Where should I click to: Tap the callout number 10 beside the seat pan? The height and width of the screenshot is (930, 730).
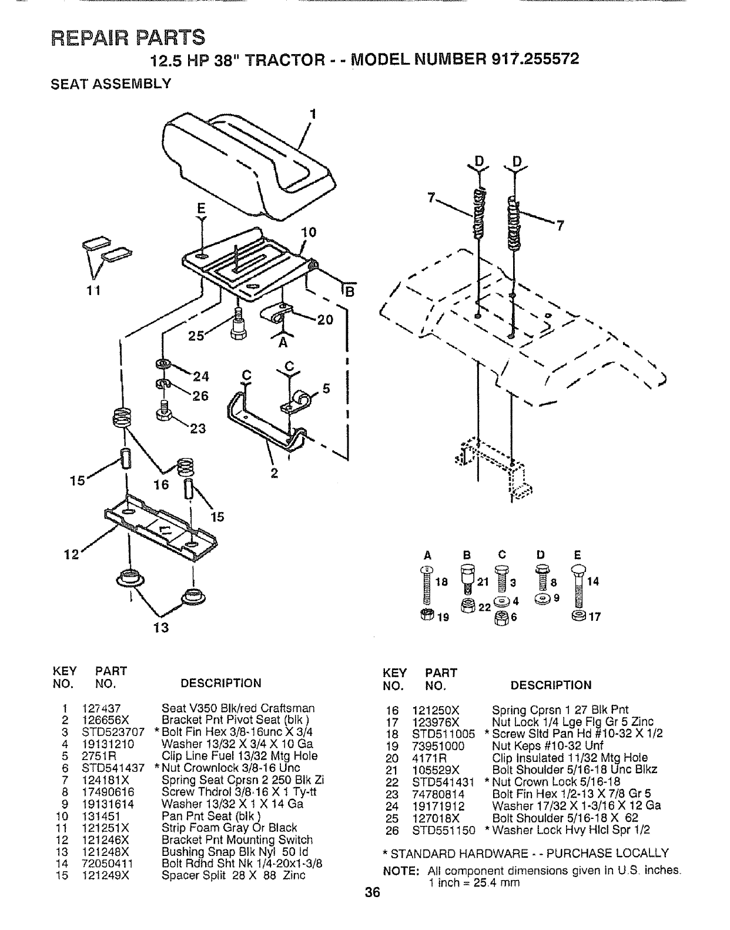pos(309,232)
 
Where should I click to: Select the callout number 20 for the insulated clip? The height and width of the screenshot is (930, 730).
pos(325,320)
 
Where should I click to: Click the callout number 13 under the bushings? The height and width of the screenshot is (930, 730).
pos(161,627)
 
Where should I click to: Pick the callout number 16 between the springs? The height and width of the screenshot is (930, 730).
pos(161,484)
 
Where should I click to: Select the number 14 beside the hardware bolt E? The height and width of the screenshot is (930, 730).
pos(594,582)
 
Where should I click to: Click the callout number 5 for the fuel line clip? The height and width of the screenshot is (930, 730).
pos(327,389)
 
